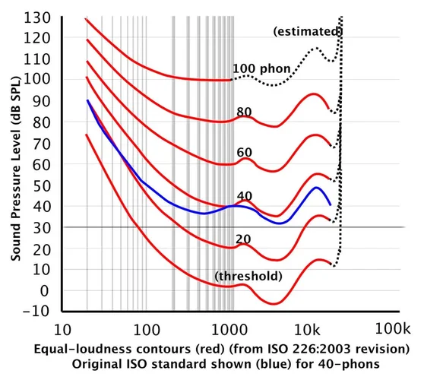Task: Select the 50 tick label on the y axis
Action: click(42, 185)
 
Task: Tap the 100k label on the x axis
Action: click(394, 330)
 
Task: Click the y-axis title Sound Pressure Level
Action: click(15, 163)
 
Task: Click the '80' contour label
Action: click(244, 112)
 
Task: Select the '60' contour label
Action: click(244, 153)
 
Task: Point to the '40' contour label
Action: click(244, 195)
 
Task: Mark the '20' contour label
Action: click(242, 239)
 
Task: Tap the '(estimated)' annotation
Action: click(307, 31)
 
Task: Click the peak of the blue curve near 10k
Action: click(316, 187)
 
